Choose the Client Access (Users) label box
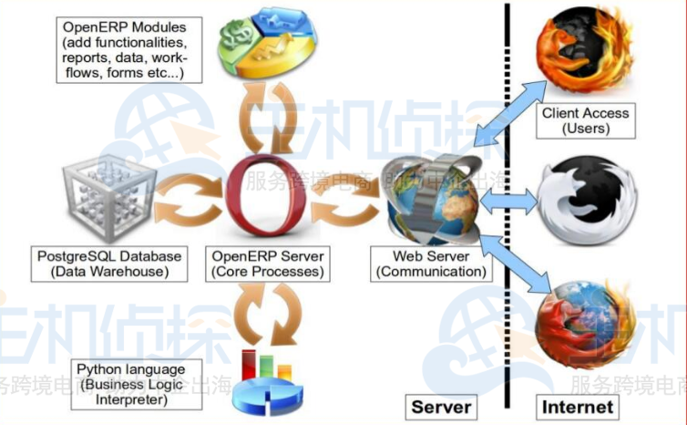click(585, 121)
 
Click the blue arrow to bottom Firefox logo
click(516, 269)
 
